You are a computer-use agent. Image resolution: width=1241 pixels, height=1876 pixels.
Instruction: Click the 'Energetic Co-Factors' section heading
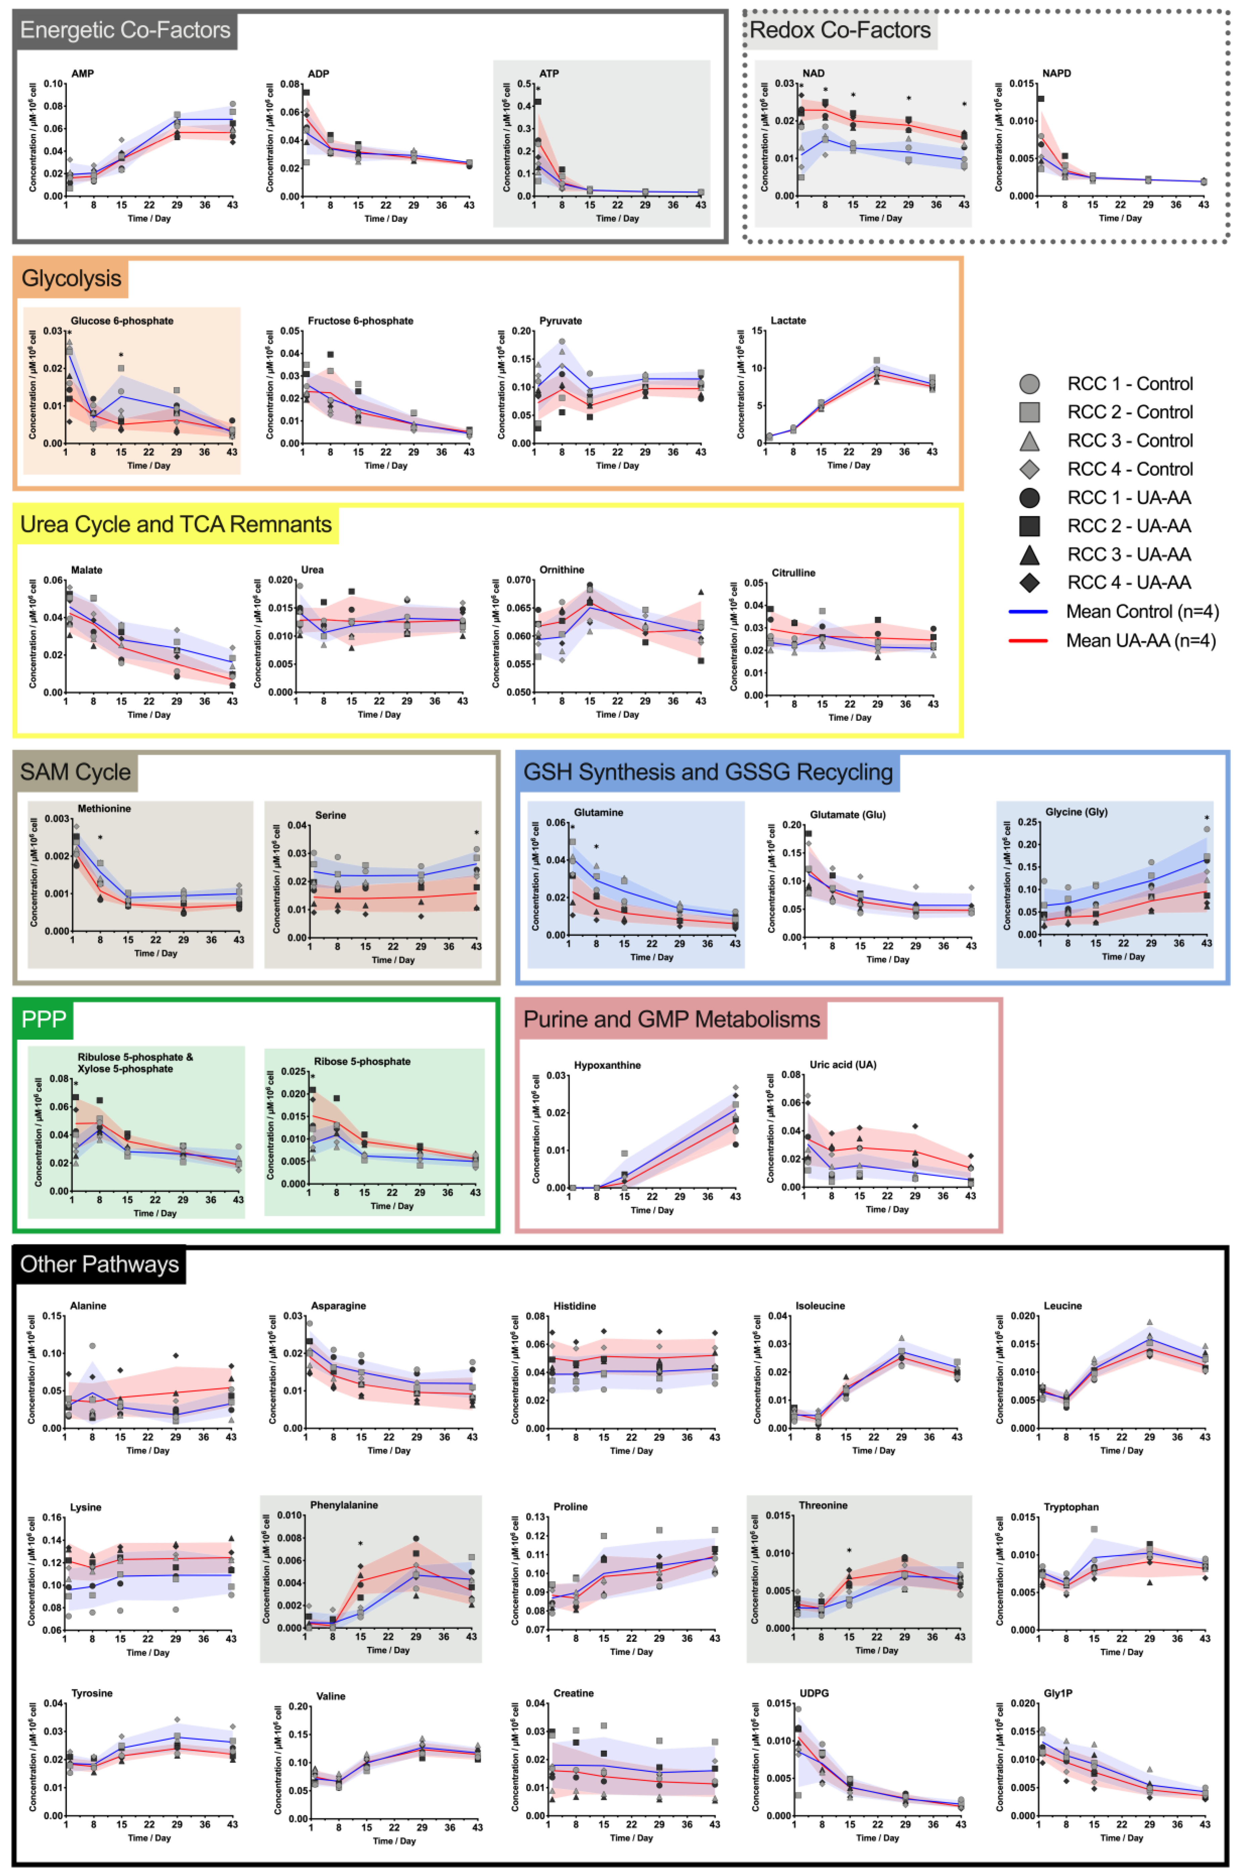click(125, 30)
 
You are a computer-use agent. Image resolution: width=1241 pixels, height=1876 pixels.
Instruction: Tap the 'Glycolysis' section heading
click(71, 279)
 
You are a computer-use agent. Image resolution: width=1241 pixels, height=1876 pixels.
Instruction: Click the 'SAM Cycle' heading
click(75, 772)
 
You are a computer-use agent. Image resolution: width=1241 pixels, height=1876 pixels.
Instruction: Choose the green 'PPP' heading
click(44, 1019)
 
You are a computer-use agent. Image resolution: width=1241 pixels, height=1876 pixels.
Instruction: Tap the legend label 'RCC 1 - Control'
click(1130, 384)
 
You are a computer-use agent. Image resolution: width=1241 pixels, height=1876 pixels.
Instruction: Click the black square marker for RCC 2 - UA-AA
click(1029, 526)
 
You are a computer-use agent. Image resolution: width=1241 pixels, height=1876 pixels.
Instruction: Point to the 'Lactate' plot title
click(788, 321)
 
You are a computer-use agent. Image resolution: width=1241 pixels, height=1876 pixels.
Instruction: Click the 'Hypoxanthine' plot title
click(607, 1065)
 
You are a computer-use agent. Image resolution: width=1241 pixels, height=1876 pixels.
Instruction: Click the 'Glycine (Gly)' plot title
click(1077, 812)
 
